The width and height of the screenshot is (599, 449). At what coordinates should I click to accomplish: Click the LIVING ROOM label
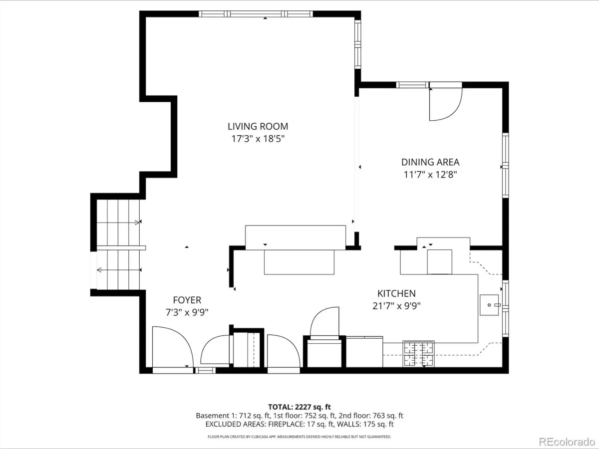tap(258, 126)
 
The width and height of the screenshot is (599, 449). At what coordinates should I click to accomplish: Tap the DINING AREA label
tap(430, 162)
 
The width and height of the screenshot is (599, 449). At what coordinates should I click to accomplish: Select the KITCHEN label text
tap(396, 293)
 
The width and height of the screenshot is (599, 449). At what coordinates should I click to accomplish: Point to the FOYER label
tap(187, 300)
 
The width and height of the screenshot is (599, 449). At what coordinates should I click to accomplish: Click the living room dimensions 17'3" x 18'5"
tap(258, 139)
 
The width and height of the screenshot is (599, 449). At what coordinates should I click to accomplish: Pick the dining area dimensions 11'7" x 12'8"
tap(430, 174)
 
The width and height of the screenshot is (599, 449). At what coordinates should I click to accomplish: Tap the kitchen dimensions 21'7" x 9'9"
tap(396, 306)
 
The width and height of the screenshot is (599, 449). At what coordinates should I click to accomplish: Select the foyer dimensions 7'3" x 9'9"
tap(187, 312)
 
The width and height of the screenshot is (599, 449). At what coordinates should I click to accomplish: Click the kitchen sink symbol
tap(490, 305)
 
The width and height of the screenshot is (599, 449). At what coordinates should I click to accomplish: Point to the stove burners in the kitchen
tap(419, 354)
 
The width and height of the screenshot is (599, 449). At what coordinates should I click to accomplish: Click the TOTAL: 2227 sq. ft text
tap(299, 407)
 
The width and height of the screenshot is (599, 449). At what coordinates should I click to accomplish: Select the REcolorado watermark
tap(567, 442)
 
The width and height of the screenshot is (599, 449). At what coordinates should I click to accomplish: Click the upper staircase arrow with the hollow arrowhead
tap(118, 223)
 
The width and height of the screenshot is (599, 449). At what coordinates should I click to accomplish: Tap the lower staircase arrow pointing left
tap(119, 270)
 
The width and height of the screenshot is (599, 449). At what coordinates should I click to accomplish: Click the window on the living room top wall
tap(256, 14)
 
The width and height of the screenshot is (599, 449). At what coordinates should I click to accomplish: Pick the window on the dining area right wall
tap(506, 165)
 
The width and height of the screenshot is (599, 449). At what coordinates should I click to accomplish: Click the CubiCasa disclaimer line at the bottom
tap(299, 437)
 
